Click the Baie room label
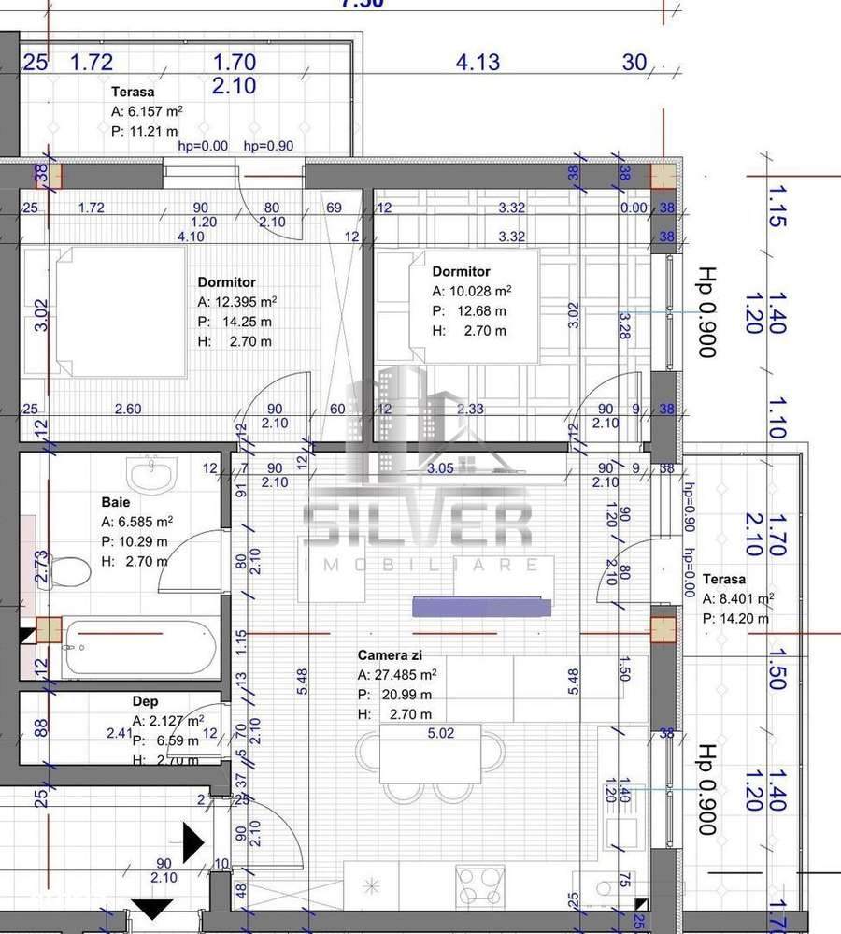click(x=116, y=501)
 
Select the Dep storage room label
click(x=145, y=701)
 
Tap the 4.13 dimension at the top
click(x=478, y=63)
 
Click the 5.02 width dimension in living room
click(x=440, y=733)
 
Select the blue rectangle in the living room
click(x=479, y=607)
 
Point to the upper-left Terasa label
click(x=133, y=92)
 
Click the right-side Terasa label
click(x=724, y=579)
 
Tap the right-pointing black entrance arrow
click(x=192, y=842)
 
